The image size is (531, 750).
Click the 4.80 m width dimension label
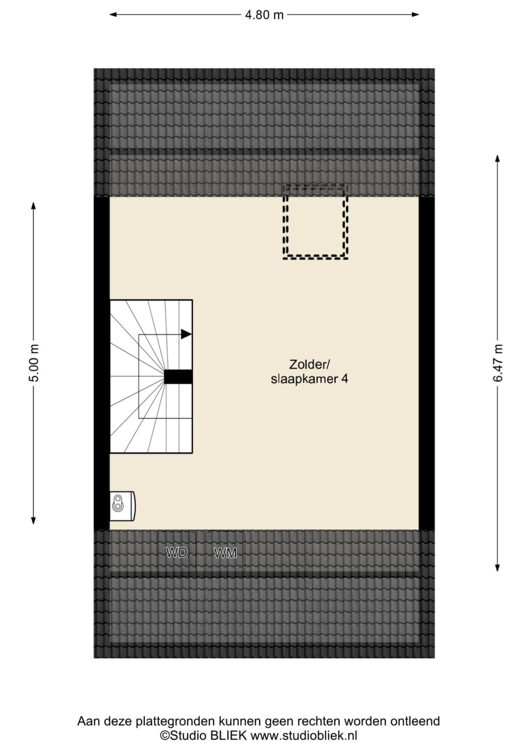(264, 15)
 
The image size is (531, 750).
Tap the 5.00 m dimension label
(35, 363)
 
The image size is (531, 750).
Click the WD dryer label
(176, 552)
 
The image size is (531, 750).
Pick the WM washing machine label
(225, 553)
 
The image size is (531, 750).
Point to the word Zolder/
(309, 365)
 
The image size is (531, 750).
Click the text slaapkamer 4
(310, 379)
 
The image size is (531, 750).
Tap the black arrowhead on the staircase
(186, 334)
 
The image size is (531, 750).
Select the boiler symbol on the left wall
(122, 506)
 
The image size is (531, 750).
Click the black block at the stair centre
(178, 377)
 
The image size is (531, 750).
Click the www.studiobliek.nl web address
(304, 735)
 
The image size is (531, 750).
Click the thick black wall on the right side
(427, 363)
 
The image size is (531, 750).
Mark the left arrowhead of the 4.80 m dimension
(113, 15)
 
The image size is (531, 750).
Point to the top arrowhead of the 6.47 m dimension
(498, 158)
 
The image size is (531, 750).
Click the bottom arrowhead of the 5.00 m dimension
(33, 520)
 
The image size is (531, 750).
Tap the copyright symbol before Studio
(164, 735)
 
